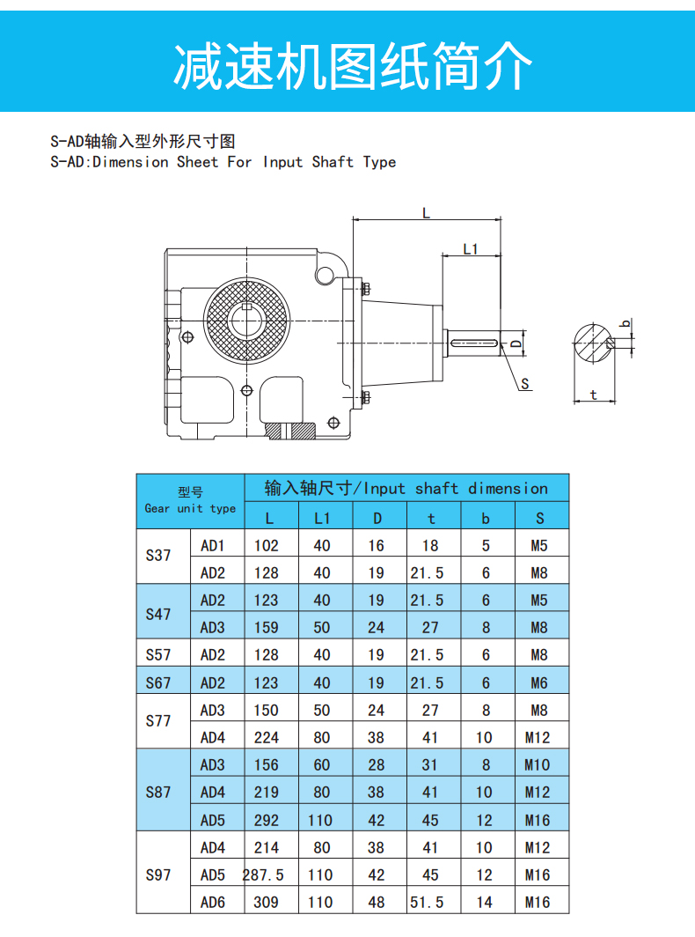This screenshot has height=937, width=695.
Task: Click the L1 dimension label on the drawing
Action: coord(471,248)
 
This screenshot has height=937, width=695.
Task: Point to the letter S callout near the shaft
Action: coord(525,384)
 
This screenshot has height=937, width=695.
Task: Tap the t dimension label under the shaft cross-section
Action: coord(593,395)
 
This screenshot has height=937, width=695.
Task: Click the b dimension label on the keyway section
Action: coord(625,324)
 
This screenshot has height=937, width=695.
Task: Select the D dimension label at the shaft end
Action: coord(516,343)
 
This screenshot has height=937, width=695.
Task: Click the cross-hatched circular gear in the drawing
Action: coord(246,321)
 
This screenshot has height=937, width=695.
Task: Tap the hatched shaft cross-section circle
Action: coord(594,343)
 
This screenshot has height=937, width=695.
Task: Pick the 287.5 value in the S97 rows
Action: coord(263,874)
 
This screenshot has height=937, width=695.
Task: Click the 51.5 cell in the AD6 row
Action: coord(427,903)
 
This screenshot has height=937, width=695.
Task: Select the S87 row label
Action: coord(158,793)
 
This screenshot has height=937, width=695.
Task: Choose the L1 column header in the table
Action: coord(322,518)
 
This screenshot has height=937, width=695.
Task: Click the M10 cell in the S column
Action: coord(538,765)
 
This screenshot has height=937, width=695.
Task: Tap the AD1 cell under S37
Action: coord(213,546)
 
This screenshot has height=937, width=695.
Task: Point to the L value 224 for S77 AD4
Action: coord(267,737)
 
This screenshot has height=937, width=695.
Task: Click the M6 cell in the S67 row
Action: coord(539,682)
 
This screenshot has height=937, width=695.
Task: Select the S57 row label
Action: coord(158,655)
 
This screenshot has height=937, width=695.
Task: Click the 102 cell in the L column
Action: coord(267,546)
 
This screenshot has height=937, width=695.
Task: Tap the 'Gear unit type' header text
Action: coord(190,508)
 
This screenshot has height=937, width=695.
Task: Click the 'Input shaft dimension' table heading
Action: coord(406,488)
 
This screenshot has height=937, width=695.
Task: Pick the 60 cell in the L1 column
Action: coord(322,765)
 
